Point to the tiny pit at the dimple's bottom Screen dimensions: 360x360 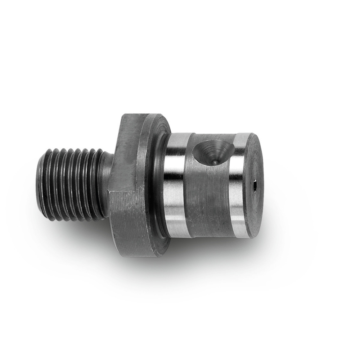[215, 162]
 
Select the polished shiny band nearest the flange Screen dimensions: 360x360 [175, 184]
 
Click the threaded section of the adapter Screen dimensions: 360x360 [72, 184]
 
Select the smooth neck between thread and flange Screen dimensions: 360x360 [106, 184]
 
